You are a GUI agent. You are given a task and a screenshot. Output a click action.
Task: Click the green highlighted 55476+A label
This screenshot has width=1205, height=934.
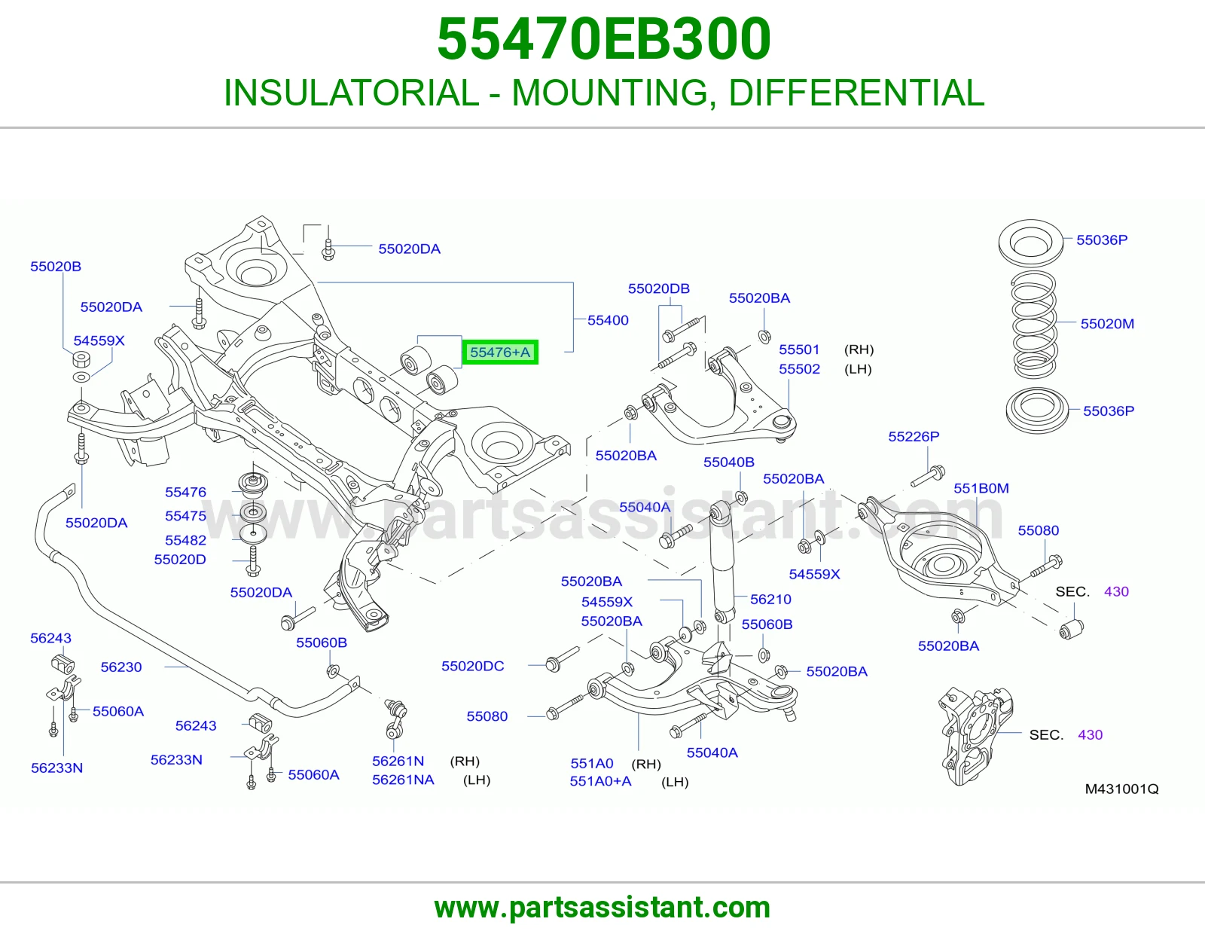coord(500,353)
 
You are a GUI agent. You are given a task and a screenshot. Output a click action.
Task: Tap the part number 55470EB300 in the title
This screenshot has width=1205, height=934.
coord(603,38)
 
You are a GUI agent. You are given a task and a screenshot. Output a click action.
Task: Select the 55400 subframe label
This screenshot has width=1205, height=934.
coord(608,320)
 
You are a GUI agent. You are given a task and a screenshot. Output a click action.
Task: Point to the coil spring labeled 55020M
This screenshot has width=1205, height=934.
coord(1034,325)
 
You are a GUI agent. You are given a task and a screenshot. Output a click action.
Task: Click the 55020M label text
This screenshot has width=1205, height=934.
coord(1107,323)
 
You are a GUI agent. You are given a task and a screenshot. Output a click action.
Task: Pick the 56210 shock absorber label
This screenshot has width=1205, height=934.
coord(770,599)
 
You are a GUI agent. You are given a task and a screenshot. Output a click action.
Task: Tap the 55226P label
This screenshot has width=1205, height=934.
coord(914,437)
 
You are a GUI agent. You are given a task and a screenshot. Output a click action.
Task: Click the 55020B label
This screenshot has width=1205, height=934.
coord(56,266)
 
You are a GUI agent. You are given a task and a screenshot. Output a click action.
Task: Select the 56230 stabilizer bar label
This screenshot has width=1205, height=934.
coord(121,667)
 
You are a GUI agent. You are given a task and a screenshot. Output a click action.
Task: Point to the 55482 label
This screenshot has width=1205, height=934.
coord(185,539)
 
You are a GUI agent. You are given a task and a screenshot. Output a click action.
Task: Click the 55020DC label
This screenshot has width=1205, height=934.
coord(472,666)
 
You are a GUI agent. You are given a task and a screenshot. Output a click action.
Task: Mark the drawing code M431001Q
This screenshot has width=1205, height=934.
coord(1121,789)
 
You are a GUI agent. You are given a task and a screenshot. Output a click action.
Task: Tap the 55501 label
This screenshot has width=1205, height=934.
coord(798,349)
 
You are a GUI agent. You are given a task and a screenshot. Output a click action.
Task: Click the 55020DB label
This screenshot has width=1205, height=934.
coord(658,288)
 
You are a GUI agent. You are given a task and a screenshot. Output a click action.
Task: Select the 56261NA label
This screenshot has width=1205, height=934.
coord(403,780)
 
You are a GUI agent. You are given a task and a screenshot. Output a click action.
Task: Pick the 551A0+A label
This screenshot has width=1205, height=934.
coord(600,781)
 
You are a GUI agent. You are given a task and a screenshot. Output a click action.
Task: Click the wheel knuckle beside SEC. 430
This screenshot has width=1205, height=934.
coord(975,735)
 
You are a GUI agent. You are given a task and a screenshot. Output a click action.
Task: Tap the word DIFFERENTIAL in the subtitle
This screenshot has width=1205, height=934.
coord(856,93)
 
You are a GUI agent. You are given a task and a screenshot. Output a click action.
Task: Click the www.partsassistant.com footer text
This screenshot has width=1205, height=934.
coord(602,908)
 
